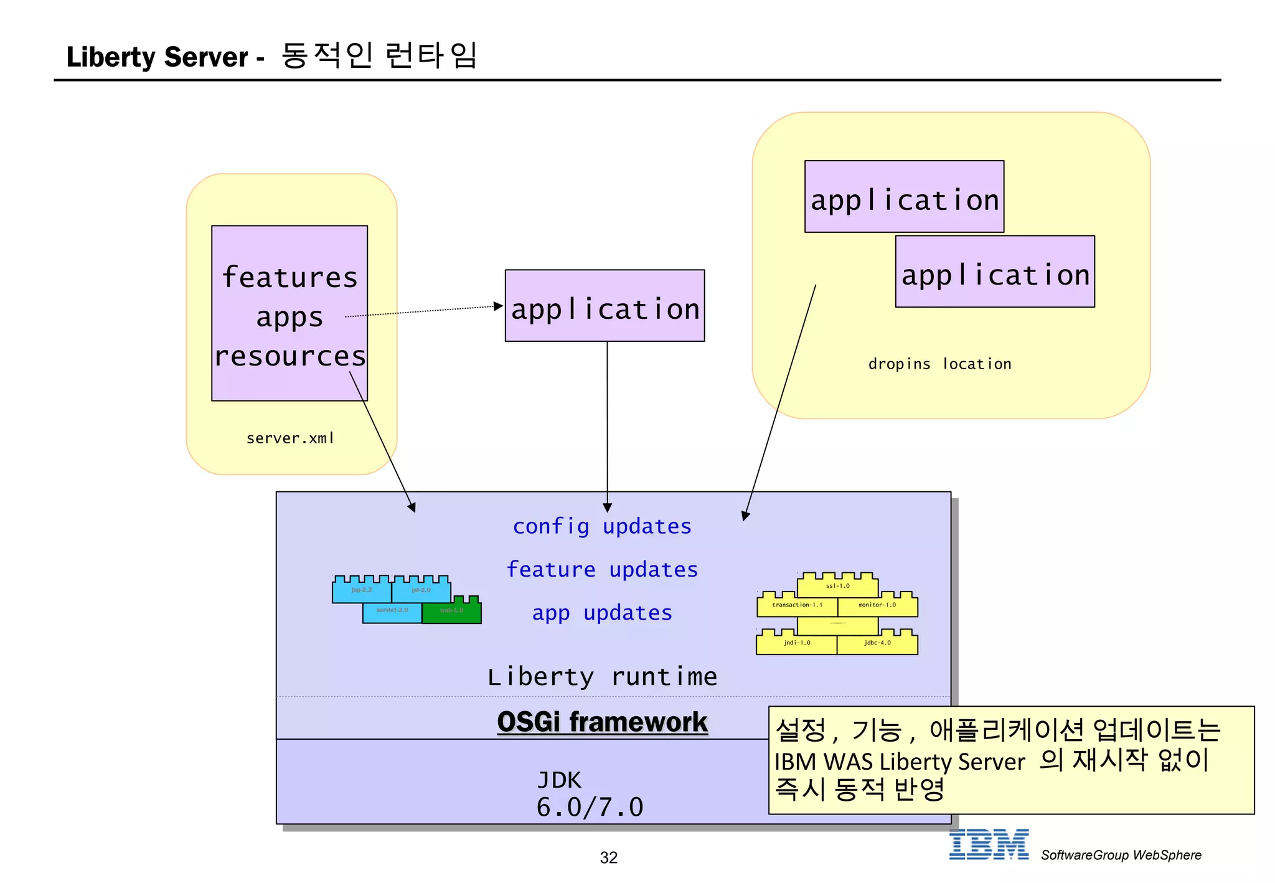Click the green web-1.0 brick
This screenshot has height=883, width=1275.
[x=451, y=611]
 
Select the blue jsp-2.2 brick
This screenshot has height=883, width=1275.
[x=362, y=590]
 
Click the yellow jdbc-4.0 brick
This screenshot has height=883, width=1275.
[x=877, y=643]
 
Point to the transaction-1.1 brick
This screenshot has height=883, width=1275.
[x=797, y=605]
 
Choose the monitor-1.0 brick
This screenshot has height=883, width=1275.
[x=877, y=605]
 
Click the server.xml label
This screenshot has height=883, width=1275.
[x=290, y=438]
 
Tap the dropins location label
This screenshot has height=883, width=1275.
[x=939, y=364]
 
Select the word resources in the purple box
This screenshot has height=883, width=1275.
[x=290, y=356]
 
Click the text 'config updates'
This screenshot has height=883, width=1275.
[x=602, y=527]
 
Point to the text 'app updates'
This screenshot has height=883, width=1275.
[x=602, y=613]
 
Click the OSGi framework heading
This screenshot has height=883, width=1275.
[x=602, y=722]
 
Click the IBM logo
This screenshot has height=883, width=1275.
[x=989, y=845]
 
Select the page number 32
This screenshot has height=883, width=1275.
[x=608, y=858]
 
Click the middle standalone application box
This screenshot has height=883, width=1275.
[x=605, y=306]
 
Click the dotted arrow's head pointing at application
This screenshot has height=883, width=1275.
[x=499, y=306]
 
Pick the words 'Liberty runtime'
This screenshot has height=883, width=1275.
[x=602, y=677]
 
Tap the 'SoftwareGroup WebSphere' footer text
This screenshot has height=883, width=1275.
[x=1121, y=856]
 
